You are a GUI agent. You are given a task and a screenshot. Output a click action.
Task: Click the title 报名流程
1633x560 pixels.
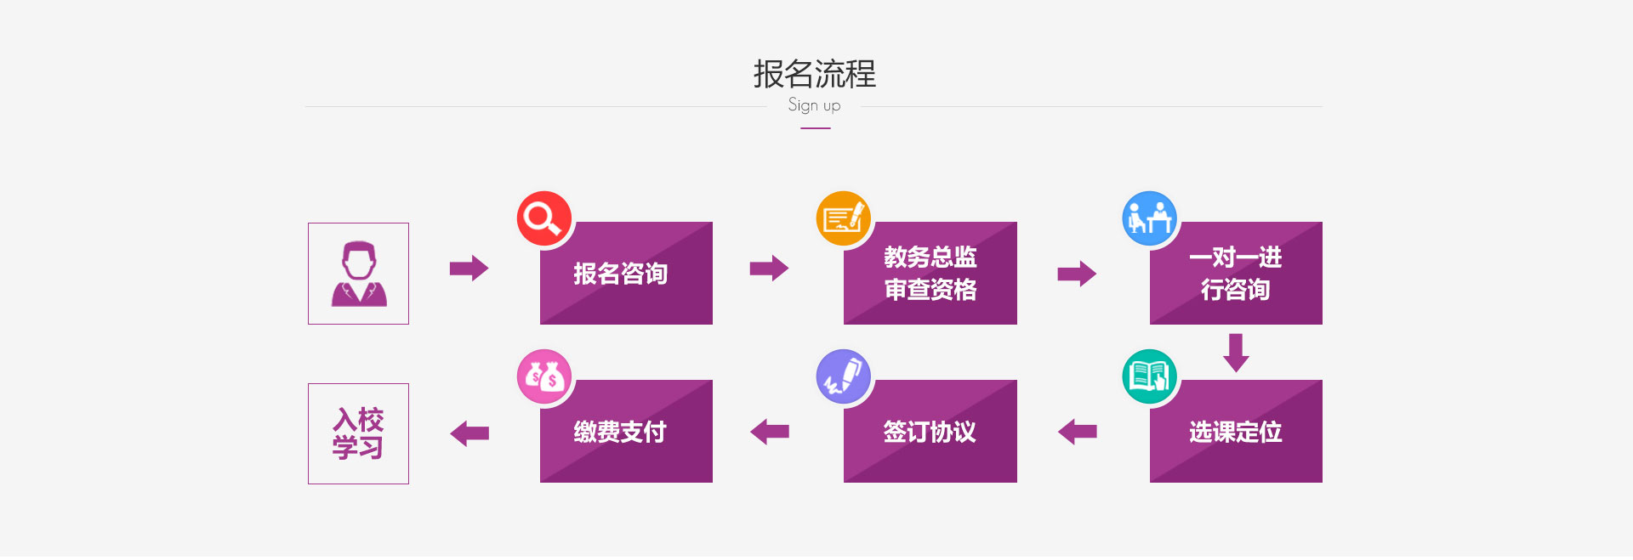pos(814,74)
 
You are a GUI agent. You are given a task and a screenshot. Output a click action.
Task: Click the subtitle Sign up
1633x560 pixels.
pos(814,105)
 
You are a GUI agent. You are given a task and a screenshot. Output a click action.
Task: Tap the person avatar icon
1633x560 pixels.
pos(358,274)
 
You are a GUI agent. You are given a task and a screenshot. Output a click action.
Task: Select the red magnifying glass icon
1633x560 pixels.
pos(544,218)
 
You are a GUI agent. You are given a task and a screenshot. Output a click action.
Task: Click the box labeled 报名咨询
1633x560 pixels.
pos(626,273)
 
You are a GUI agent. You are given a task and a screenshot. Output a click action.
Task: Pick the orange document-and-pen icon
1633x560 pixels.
pos(843,218)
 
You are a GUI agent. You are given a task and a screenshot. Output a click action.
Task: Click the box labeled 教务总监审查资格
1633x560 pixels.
pos(930,273)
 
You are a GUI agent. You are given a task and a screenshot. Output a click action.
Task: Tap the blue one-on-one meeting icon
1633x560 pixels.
pos(1150,218)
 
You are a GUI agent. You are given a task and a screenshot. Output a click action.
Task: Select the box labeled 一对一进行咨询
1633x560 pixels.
pos(1236,273)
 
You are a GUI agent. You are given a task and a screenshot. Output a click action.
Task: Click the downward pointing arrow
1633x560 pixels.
pos(1236,353)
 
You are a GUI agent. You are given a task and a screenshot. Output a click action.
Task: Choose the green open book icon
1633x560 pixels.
pos(1150,376)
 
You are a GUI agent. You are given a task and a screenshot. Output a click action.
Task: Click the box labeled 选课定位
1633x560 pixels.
pos(1236,431)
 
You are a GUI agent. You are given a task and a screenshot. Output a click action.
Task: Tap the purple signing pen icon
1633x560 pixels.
pos(843,376)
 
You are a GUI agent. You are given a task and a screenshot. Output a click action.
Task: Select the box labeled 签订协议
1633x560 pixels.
pos(930,431)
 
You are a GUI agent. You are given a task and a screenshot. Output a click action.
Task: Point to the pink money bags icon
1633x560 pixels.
pos(544,376)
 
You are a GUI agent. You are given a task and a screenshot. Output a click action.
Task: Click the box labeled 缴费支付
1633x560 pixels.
pos(626,431)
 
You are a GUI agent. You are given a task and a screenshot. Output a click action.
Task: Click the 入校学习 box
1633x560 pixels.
pos(358,433)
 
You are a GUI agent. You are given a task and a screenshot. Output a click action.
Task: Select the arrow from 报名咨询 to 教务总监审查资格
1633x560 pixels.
pos(769,269)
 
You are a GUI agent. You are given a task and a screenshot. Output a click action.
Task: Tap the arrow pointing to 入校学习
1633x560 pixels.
pos(469,433)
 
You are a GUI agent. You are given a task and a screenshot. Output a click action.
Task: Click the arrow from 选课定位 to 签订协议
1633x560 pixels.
pos(1077,432)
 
